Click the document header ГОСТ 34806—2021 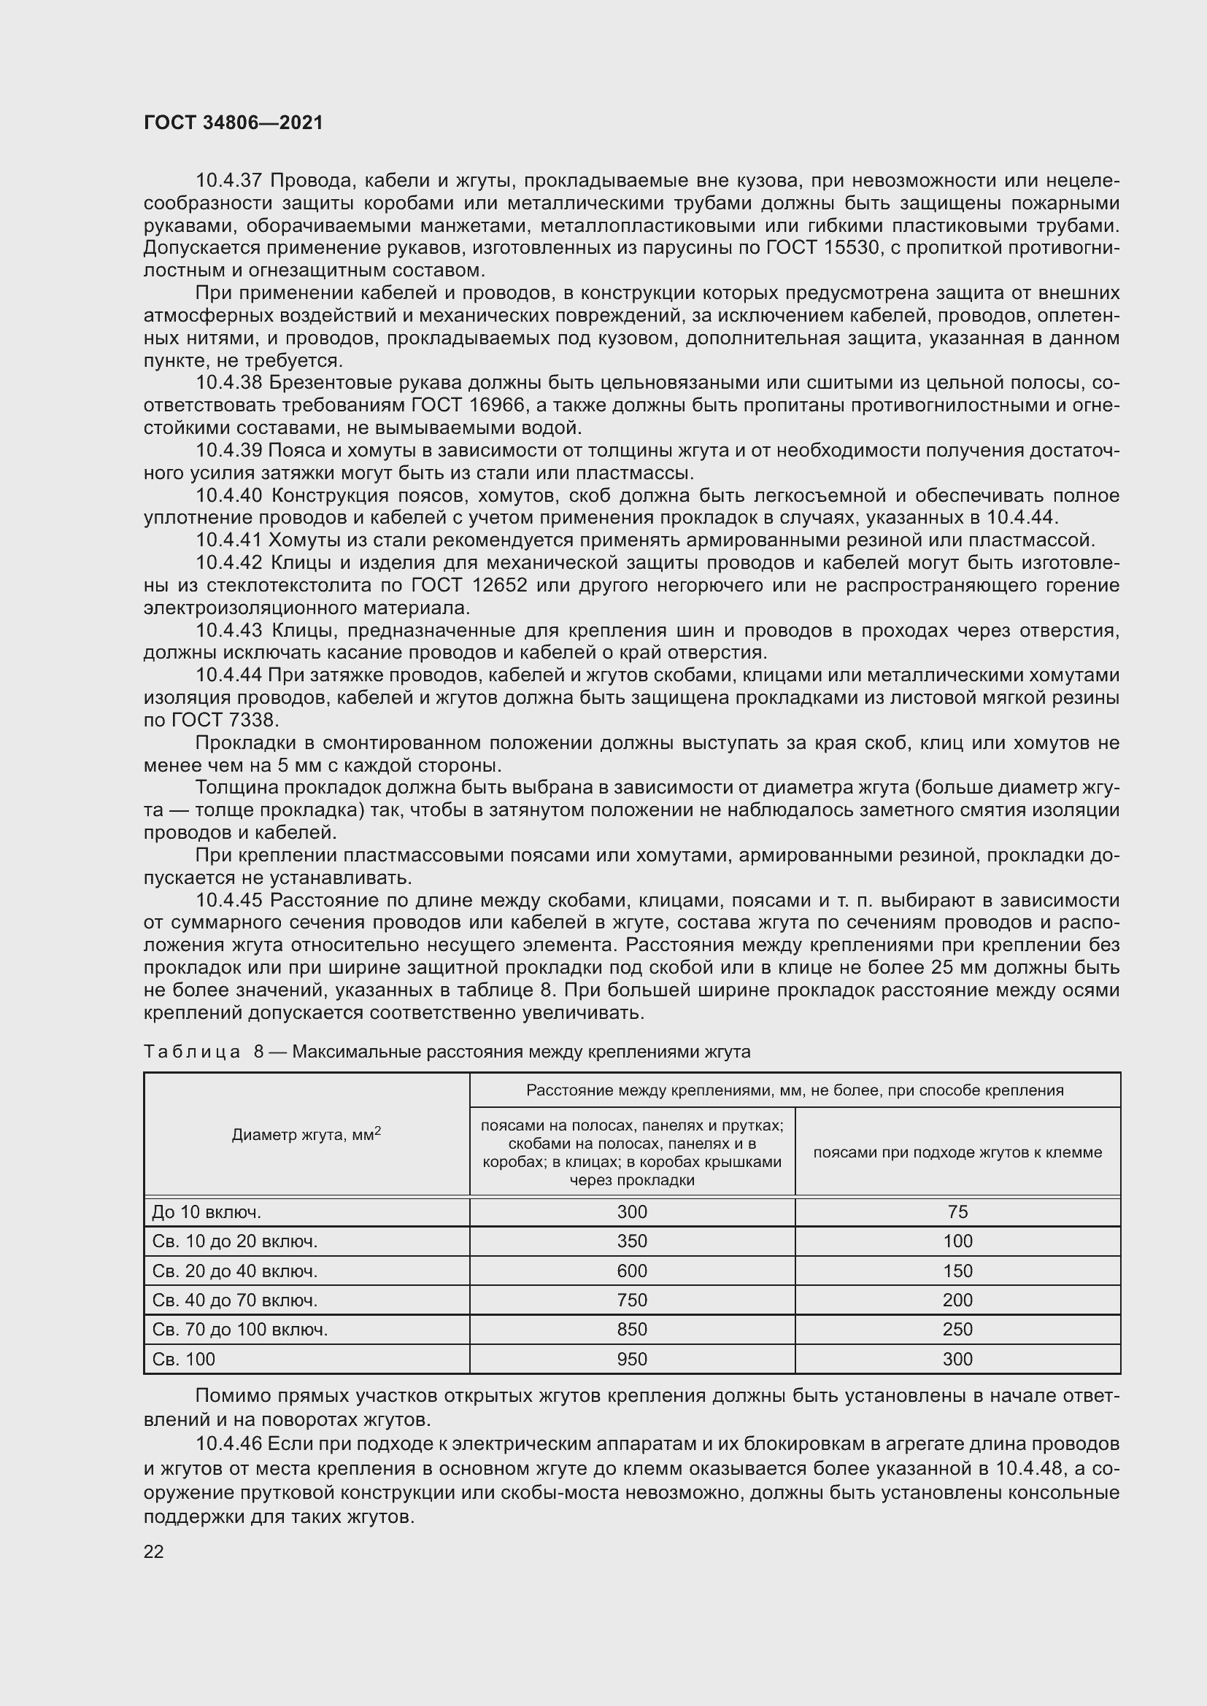[234, 123]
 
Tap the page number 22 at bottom [153, 1551]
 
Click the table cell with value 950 [632, 1359]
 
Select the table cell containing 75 [957, 1212]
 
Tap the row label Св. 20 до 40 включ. [235, 1271]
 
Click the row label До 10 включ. [207, 1212]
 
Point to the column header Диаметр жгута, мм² [306, 1135]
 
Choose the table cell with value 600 [632, 1271]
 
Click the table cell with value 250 [957, 1330]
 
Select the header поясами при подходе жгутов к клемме [957, 1152]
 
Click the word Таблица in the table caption [192, 1052]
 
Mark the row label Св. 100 [184, 1359]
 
